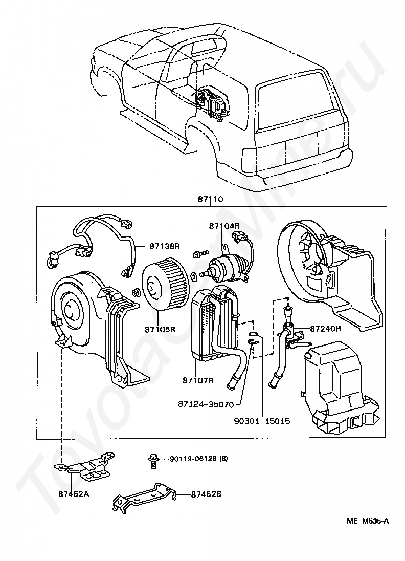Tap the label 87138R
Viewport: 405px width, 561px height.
165,246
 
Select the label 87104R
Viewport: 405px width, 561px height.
223,226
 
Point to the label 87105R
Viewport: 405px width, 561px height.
160,329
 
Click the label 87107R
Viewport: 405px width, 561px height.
197,380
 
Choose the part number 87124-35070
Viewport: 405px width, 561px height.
206,404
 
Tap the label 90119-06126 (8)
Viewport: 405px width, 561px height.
198,458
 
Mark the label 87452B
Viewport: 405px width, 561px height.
206,494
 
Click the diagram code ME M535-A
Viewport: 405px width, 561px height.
368,521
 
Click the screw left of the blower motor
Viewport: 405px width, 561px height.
199,254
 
